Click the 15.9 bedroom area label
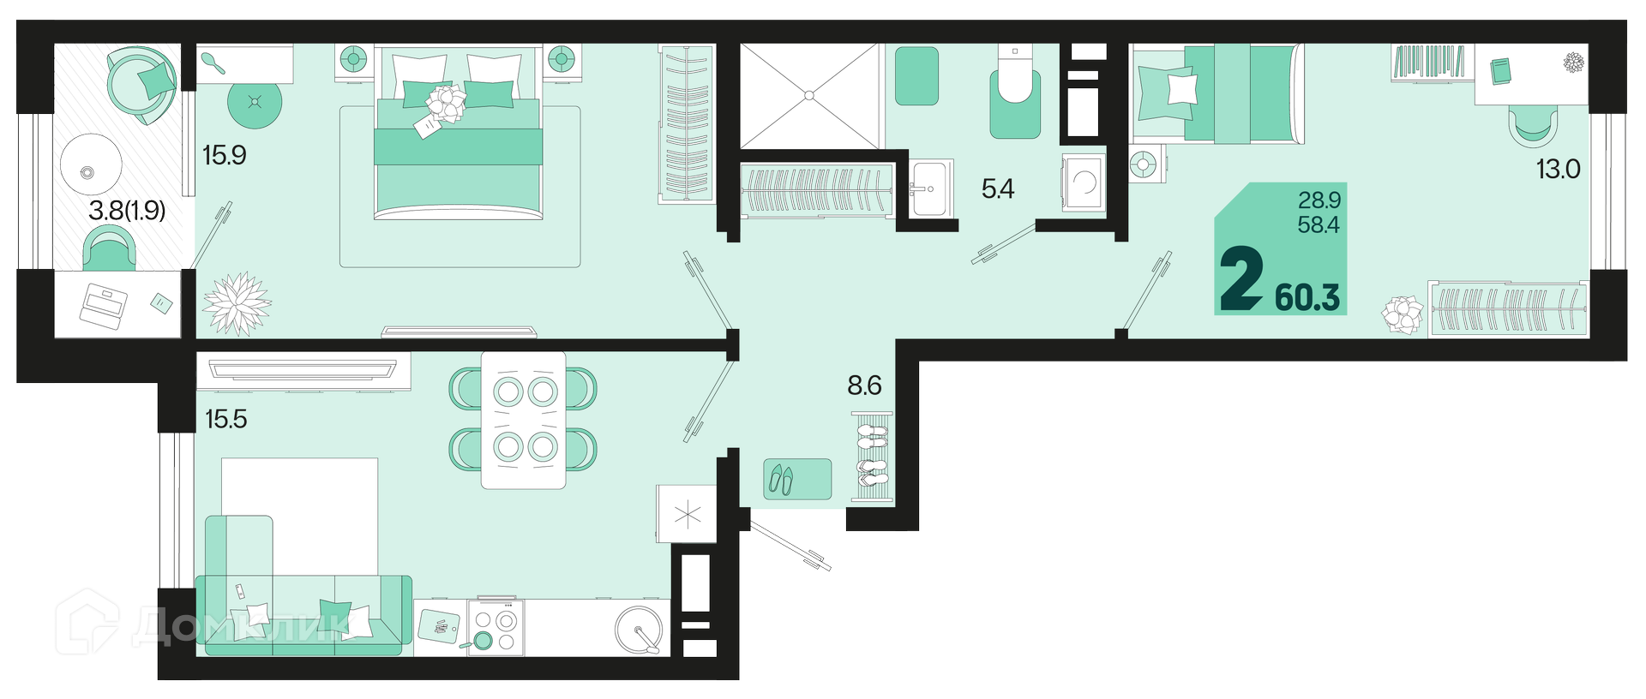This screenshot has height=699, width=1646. click(225, 155)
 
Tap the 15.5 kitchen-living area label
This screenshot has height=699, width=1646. click(226, 419)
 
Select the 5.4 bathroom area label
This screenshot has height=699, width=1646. click(998, 188)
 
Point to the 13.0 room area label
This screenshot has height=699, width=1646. click(1558, 169)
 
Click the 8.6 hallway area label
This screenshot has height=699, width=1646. click(864, 385)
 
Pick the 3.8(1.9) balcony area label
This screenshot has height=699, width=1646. click(127, 210)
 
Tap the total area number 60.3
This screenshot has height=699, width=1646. click(1307, 297)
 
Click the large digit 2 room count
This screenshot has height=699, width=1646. click(1241, 278)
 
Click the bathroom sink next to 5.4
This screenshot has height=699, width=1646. click(930, 188)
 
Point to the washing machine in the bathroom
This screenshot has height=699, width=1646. click(1084, 182)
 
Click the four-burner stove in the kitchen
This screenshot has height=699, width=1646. click(496, 627)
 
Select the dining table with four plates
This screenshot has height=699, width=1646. click(523, 420)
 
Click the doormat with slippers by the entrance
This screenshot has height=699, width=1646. click(797, 479)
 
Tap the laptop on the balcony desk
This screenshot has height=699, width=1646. click(104, 308)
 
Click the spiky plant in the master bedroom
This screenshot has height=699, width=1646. click(237, 303)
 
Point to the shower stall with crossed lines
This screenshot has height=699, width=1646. click(810, 96)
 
